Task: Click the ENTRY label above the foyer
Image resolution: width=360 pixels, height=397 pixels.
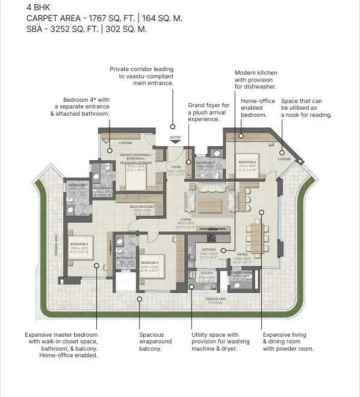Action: point(175,137)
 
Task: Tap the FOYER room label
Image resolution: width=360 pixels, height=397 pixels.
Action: point(176,166)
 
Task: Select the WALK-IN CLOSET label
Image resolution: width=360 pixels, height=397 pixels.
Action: point(143,206)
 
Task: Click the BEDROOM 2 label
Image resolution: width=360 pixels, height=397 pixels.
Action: point(247,163)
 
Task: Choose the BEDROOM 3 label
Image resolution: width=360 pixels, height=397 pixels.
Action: point(149,263)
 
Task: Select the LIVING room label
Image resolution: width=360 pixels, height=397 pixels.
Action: point(185,219)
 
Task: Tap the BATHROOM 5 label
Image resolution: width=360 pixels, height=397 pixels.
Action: point(205,163)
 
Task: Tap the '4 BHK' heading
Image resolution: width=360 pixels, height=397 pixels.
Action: point(37,8)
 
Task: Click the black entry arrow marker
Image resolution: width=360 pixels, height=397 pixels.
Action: point(175,142)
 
